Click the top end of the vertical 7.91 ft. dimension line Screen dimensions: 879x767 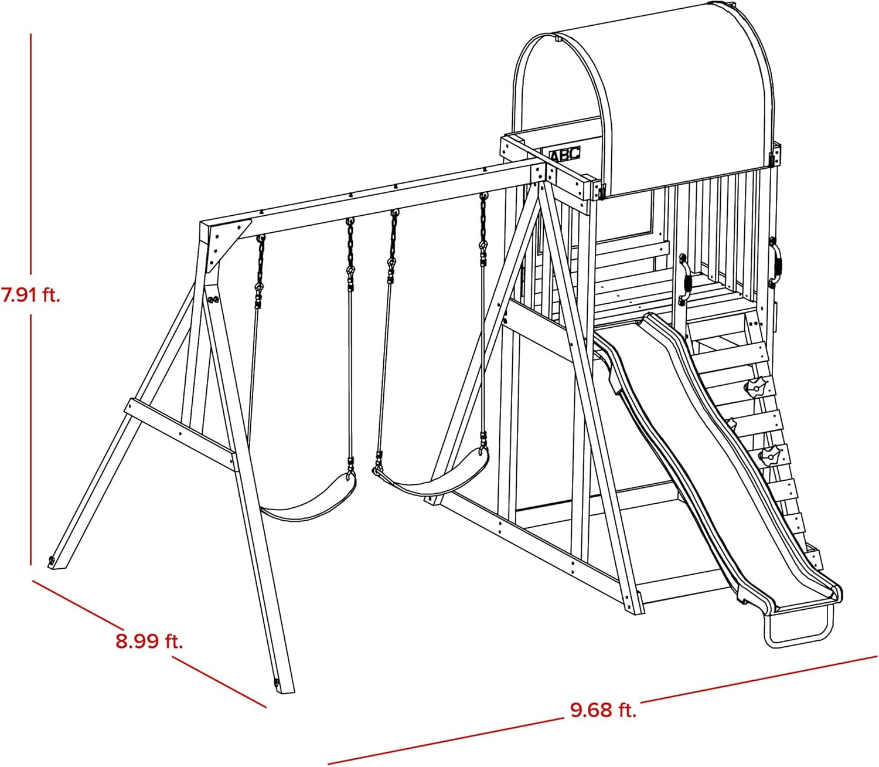(31, 35)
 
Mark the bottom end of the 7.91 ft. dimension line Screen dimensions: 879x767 (31, 565)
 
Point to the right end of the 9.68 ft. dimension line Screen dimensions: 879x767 (877, 668)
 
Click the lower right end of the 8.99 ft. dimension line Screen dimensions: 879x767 (266, 707)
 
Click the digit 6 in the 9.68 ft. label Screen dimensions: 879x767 (591, 710)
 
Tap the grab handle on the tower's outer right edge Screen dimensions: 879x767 (776, 262)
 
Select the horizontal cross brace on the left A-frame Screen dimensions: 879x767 (179, 434)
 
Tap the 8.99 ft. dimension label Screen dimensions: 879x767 (149, 642)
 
